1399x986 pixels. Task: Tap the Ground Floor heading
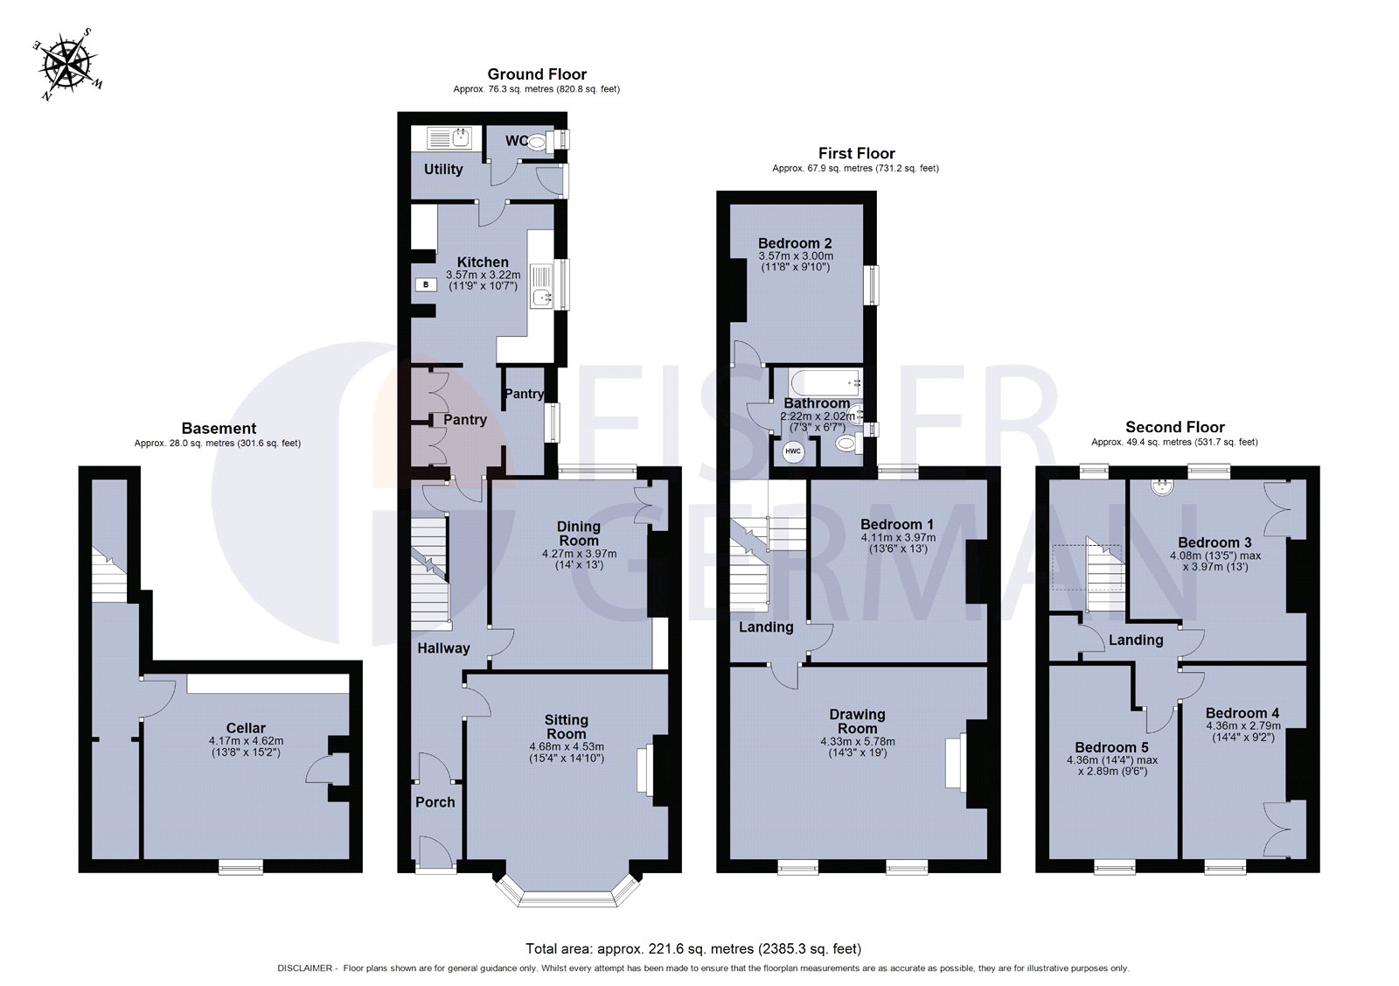click(x=537, y=74)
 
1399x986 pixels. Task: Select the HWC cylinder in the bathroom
click(x=792, y=451)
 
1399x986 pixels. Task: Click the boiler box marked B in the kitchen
click(x=426, y=284)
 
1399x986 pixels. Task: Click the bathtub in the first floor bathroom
click(x=824, y=381)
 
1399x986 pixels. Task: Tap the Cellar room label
click(x=246, y=728)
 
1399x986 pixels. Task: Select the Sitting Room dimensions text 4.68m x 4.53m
click(x=566, y=746)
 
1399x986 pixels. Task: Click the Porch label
click(x=435, y=802)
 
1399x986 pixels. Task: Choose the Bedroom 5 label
click(x=1111, y=747)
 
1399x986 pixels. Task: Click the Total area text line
click(x=693, y=948)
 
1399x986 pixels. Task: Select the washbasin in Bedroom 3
click(x=1162, y=487)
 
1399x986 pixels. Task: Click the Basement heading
click(x=219, y=429)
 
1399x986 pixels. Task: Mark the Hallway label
click(x=443, y=648)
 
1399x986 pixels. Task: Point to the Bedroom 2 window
click(x=872, y=285)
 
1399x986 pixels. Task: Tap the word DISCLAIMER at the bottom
click(x=305, y=969)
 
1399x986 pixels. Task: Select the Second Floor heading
click(x=1174, y=427)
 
